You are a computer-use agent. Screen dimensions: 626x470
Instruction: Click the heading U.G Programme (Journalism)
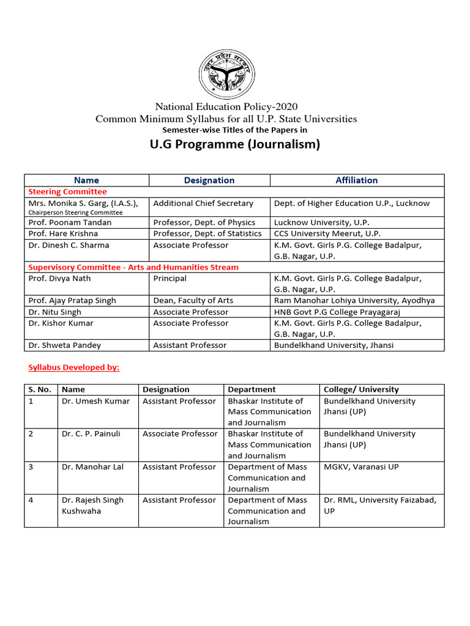[235, 145]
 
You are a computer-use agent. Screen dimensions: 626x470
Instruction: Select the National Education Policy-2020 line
[226, 107]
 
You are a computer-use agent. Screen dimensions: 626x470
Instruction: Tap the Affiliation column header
[357, 180]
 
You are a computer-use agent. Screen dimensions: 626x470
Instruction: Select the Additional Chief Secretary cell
[203, 204]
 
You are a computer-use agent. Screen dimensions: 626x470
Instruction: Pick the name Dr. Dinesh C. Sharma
[69, 245]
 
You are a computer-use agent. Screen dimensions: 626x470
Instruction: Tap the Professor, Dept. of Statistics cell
[207, 234]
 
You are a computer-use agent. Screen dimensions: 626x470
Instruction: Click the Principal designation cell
[170, 279]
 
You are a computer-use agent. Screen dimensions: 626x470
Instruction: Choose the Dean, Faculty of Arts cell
[195, 301]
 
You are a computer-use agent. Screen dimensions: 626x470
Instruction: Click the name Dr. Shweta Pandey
[65, 345]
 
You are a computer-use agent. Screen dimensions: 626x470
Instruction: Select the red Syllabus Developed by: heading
[74, 367]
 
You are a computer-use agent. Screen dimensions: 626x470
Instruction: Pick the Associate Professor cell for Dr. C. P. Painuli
[180, 434]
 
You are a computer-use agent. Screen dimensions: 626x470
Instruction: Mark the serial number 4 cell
[31, 500]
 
